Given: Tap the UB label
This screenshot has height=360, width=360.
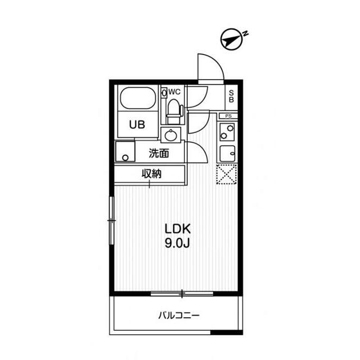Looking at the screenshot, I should (x=137, y=125).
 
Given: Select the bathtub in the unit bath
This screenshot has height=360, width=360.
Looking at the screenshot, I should (x=137, y=99).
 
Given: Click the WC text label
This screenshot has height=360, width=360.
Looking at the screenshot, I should (x=174, y=91).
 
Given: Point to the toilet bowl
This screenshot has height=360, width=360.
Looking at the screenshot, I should (x=174, y=110).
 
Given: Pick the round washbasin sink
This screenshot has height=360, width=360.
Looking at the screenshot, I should (x=170, y=135).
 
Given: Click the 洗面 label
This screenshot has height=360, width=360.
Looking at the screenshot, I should (x=159, y=152).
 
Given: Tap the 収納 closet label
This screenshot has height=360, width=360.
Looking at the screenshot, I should (x=151, y=174).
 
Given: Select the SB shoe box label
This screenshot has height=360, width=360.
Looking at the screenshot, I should (x=231, y=96).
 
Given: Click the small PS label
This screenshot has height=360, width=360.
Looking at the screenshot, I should (x=228, y=116).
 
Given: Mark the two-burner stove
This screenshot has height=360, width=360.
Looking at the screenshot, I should (x=227, y=133).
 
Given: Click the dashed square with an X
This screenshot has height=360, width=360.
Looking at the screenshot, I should (x=227, y=174).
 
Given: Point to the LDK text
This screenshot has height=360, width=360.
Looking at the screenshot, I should (x=178, y=229).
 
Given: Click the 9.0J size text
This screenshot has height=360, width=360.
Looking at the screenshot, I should (x=178, y=244).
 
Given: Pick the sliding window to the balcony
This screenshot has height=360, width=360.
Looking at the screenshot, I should (x=182, y=293).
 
